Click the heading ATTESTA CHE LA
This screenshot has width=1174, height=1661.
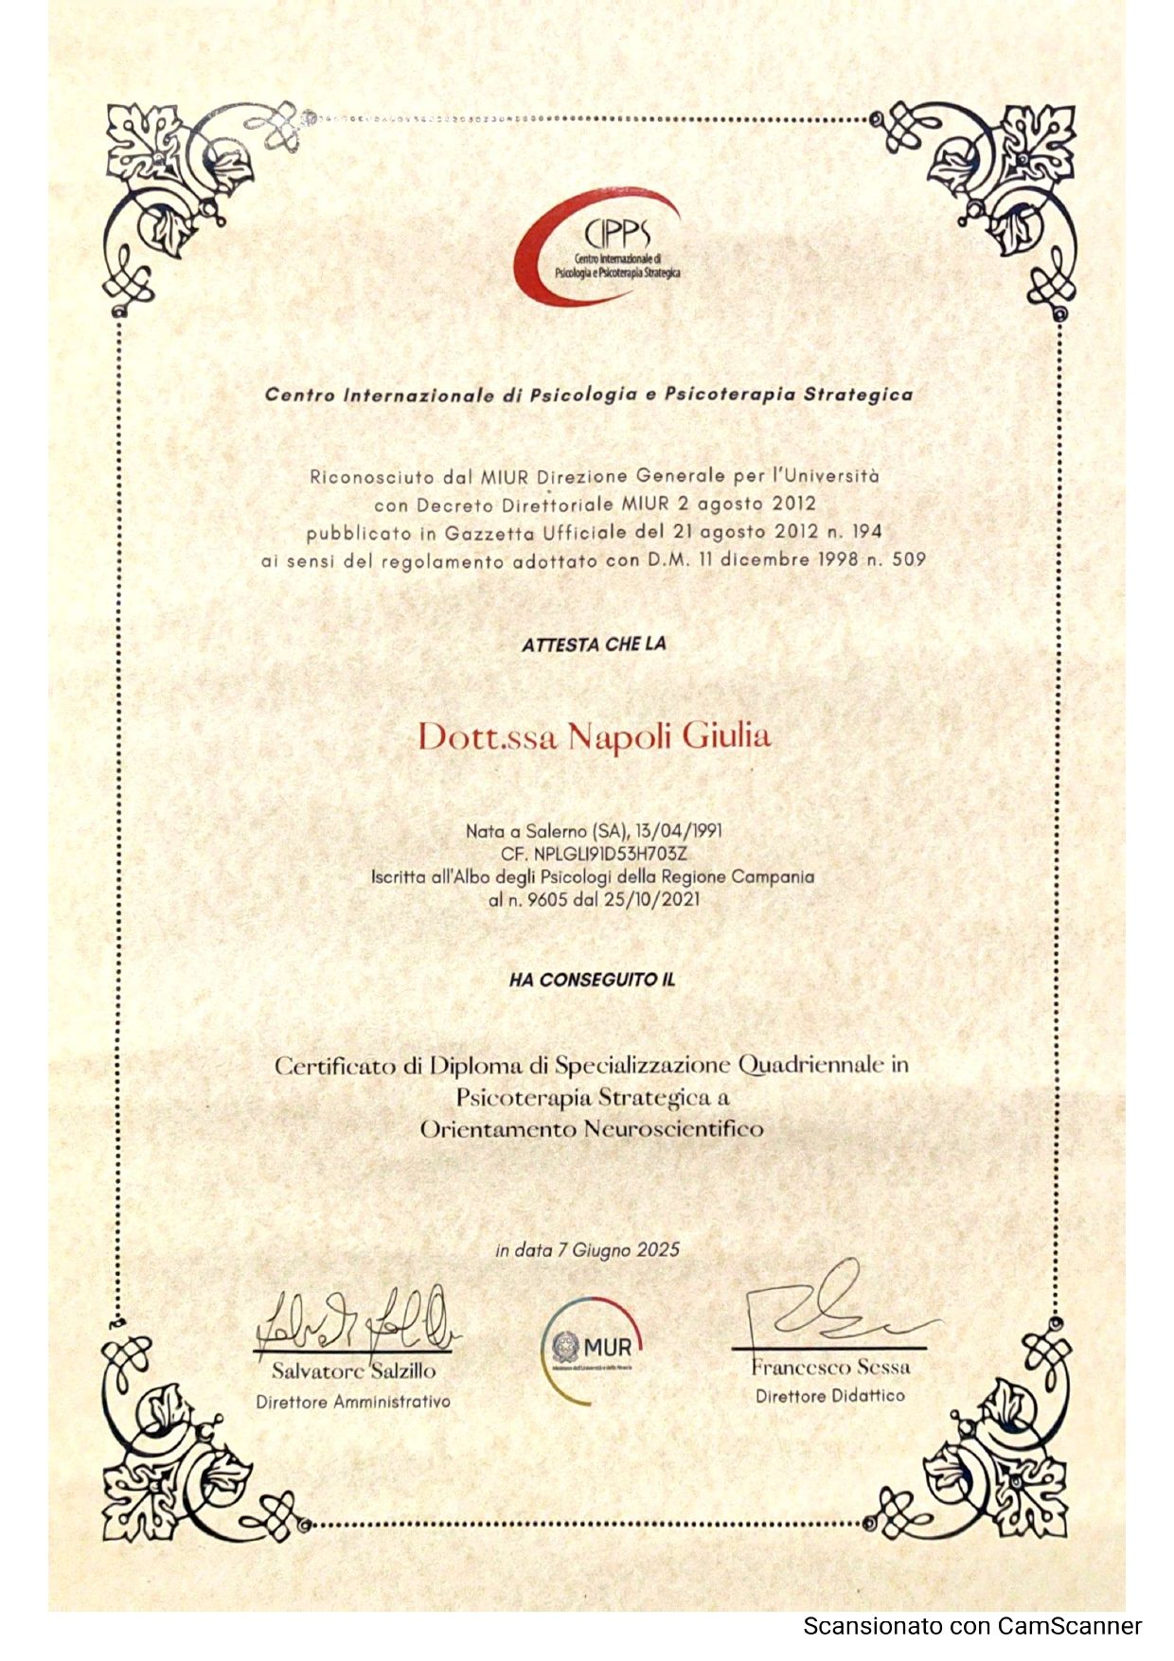pyautogui.click(x=594, y=645)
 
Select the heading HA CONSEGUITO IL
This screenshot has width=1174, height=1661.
pyautogui.click(x=593, y=981)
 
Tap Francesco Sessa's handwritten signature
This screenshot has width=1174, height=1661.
pyautogui.click(x=833, y=1308)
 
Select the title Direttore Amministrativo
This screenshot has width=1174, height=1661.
pyautogui.click(x=353, y=1402)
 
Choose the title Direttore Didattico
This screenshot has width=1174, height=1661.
pyautogui.click(x=830, y=1396)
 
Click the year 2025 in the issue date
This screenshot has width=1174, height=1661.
pyautogui.click(x=658, y=1249)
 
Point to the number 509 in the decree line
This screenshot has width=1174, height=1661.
pyautogui.click(x=908, y=558)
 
